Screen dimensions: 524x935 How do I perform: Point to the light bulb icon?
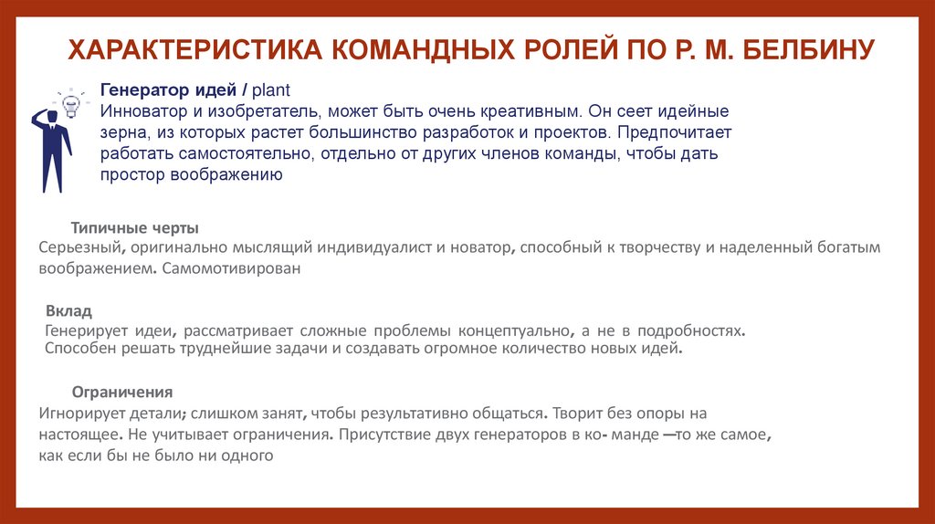click(69, 98)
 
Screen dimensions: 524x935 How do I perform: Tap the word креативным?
click(527, 111)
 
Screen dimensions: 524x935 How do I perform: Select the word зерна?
click(123, 133)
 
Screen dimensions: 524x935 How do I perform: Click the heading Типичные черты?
click(135, 227)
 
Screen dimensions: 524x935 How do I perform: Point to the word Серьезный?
click(80, 247)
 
